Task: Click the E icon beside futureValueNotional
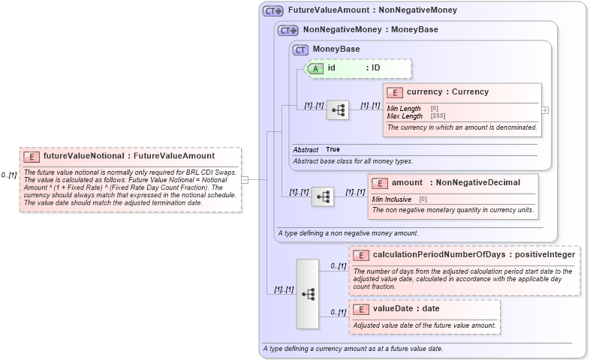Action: [32, 157]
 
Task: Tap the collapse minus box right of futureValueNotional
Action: [244, 179]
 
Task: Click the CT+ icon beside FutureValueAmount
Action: [272, 11]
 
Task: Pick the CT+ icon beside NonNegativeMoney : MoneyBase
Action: [288, 30]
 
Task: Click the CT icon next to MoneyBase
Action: [301, 49]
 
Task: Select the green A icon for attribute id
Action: [316, 68]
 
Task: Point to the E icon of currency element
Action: [395, 92]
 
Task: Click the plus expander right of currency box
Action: [545, 110]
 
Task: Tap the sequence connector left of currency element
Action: [338, 110]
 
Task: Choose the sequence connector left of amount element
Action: [323, 196]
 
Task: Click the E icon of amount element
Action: [380, 183]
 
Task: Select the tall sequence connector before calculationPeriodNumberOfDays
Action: [308, 293]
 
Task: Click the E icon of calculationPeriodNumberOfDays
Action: [361, 255]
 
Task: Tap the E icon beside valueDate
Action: [361, 309]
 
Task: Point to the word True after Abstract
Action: [333, 150]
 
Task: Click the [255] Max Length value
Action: [438, 116]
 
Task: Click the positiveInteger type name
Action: [544, 255]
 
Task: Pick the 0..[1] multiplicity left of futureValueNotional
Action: [9, 175]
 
